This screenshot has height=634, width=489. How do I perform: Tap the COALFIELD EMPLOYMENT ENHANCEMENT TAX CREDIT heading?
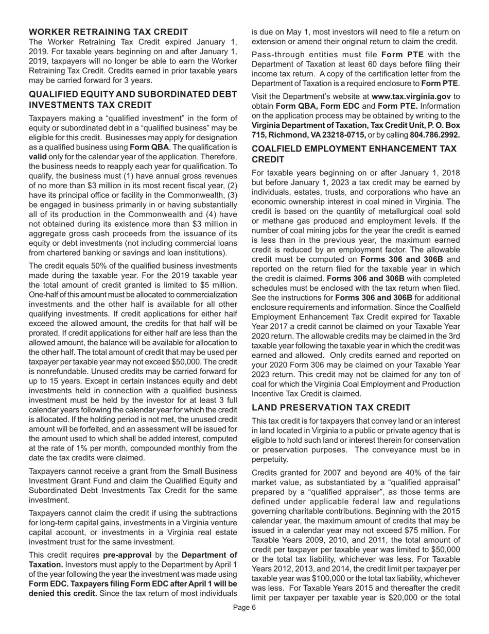354,154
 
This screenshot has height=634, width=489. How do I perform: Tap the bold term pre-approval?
129,555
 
